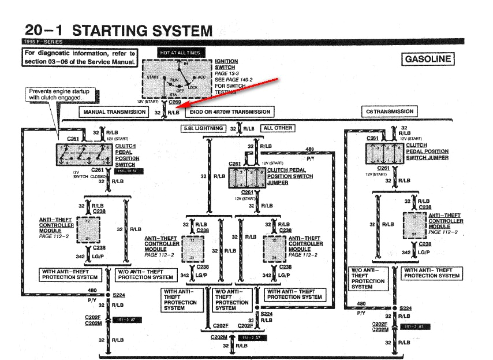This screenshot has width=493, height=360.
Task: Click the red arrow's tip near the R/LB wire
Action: click(x=174, y=107)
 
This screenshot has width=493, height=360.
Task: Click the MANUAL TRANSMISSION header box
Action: click(x=114, y=112)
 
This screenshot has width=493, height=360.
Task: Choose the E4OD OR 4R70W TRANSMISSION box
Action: click(x=229, y=112)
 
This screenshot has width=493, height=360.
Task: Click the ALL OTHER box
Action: click(x=277, y=128)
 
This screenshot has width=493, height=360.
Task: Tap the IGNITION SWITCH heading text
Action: click(x=226, y=64)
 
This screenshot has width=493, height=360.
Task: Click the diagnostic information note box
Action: click(x=80, y=57)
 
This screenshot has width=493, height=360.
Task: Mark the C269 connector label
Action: click(x=176, y=101)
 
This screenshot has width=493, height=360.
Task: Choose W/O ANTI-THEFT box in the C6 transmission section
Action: click(x=368, y=278)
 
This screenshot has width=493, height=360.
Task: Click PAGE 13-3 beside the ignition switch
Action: click(x=225, y=73)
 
